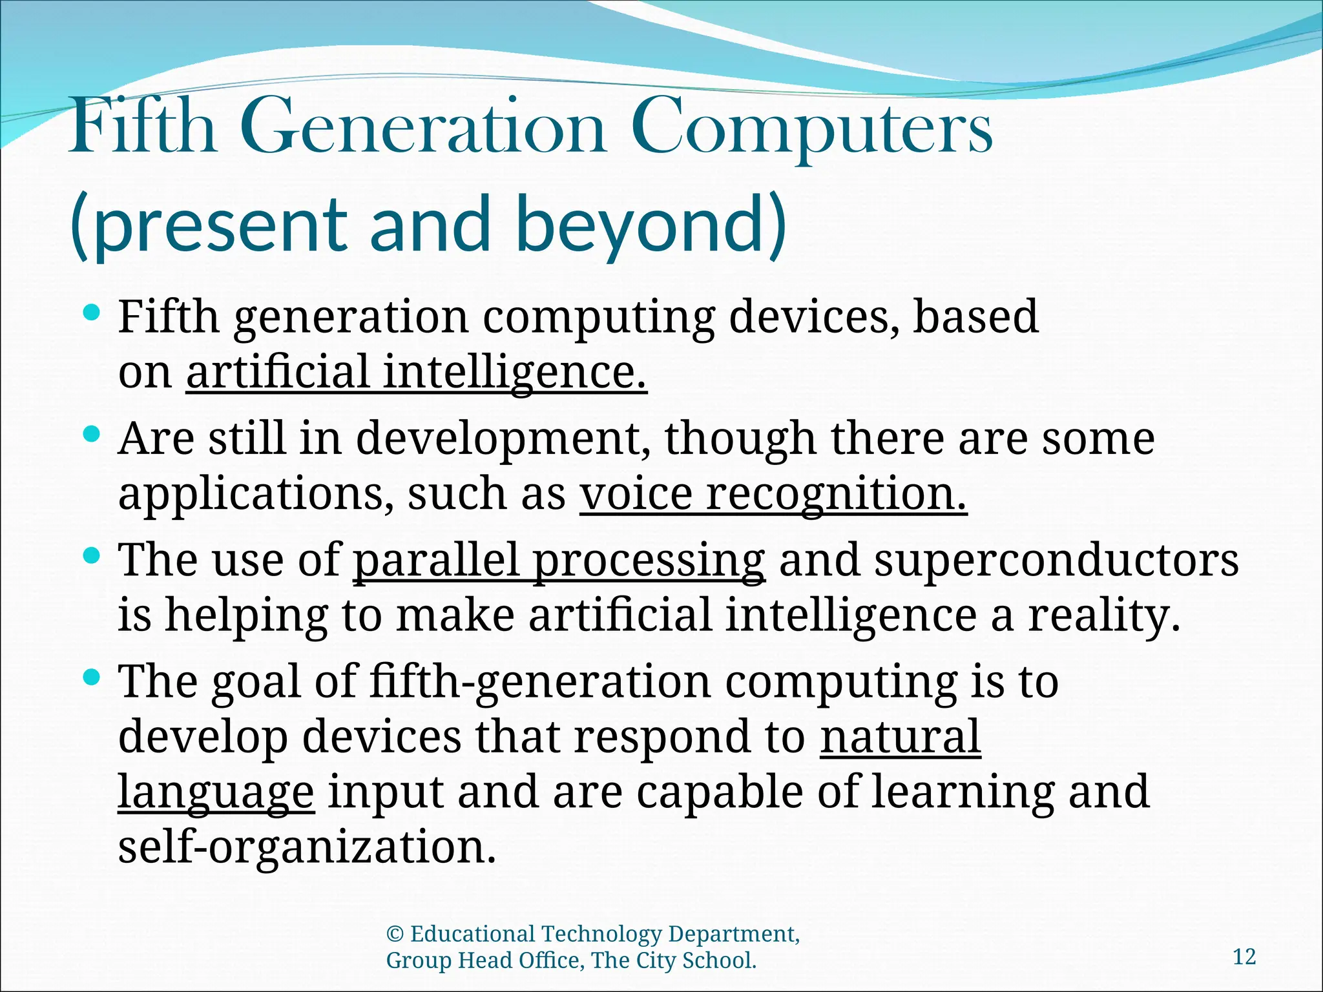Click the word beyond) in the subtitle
[x=652, y=225]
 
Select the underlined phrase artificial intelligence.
[x=417, y=373]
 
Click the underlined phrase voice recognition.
[x=773, y=494]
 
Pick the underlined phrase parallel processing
[x=559, y=560]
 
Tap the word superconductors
[x=1057, y=560]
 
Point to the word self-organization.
[x=307, y=847]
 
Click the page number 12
[x=1244, y=956]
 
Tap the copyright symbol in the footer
[x=395, y=935]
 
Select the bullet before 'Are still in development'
[x=92, y=434]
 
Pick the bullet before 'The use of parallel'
[x=92, y=555]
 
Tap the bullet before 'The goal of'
[x=92, y=677]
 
